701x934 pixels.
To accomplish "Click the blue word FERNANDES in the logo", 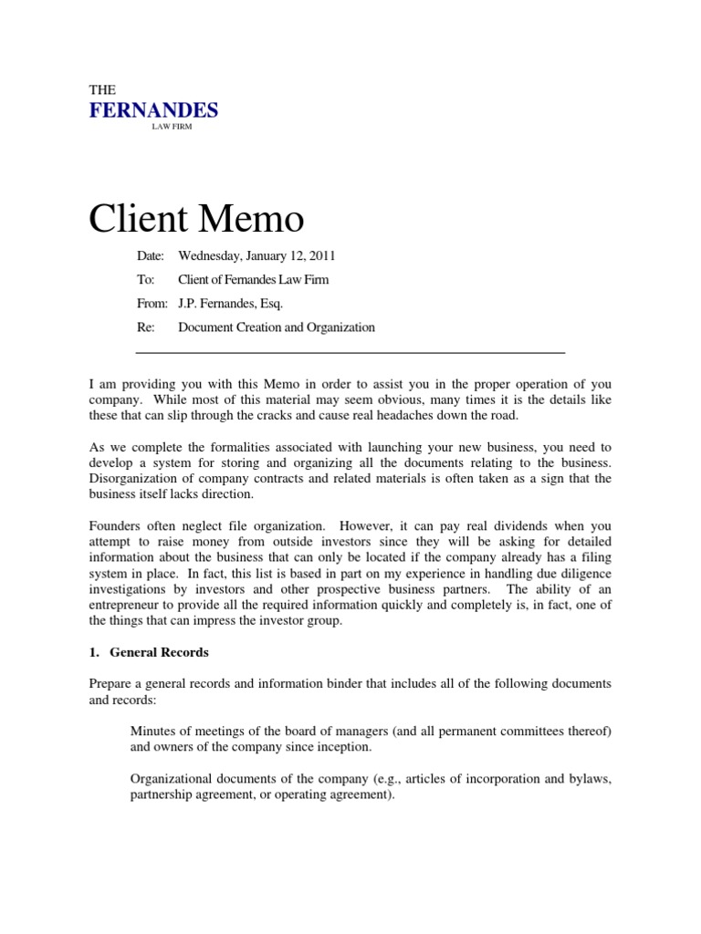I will (x=153, y=111).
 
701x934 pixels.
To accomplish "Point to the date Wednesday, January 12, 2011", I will (x=251, y=256).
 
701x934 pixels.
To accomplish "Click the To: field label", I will (x=145, y=280).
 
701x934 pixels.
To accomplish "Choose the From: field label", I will (x=151, y=304).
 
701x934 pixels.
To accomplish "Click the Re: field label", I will (x=145, y=327).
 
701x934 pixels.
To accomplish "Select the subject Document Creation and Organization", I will (x=277, y=327).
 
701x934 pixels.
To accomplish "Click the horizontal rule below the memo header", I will (x=350, y=352).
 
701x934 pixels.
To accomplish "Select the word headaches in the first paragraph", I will (x=453, y=415).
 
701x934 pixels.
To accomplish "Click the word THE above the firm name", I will (x=101, y=90).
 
